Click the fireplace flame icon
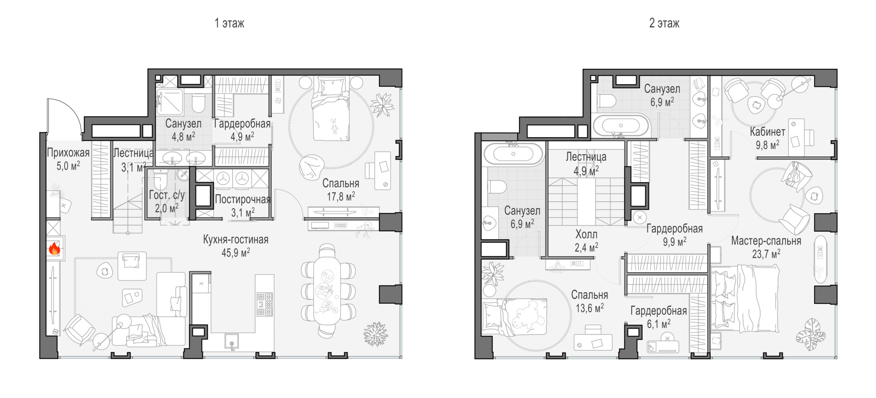click(54, 249)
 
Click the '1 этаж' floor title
click(229, 23)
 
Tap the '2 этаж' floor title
click(664, 23)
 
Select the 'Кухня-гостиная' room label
click(236, 239)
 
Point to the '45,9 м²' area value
click(236, 253)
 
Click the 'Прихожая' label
click(68, 152)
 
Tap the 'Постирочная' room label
click(243, 199)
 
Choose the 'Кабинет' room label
click(768, 132)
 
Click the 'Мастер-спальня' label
click(766, 241)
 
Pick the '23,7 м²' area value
click(766, 254)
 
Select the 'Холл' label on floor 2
click(586, 234)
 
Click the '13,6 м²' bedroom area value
click(590, 308)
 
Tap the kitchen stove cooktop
click(265, 304)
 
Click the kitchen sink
click(232, 341)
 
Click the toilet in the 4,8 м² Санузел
click(198, 103)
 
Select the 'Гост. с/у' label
click(167, 195)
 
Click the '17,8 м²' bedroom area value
click(341, 196)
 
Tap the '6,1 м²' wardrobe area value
click(659, 323)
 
